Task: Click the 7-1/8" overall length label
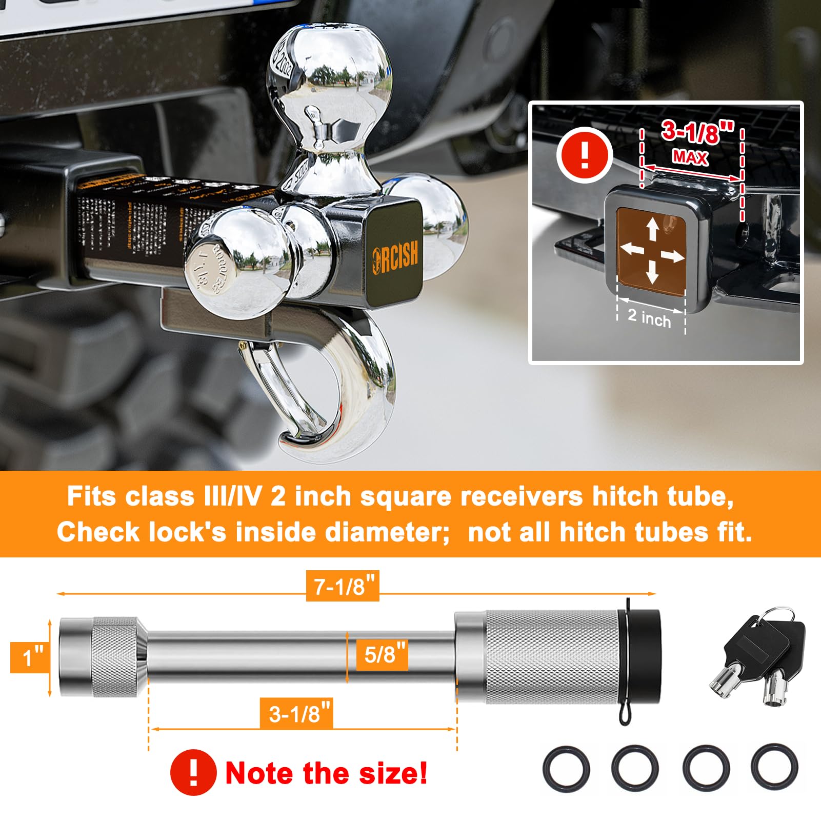tap(343, 586)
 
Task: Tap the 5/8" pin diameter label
tap(383, 655)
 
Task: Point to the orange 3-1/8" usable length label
tap(297, 713)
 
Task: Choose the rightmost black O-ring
tap(774, 768)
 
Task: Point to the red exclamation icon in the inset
tap(585, 154)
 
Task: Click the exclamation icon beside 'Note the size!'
tap(193, 772)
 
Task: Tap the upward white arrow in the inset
tap(652, 228)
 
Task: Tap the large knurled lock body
tap(551, 657)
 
